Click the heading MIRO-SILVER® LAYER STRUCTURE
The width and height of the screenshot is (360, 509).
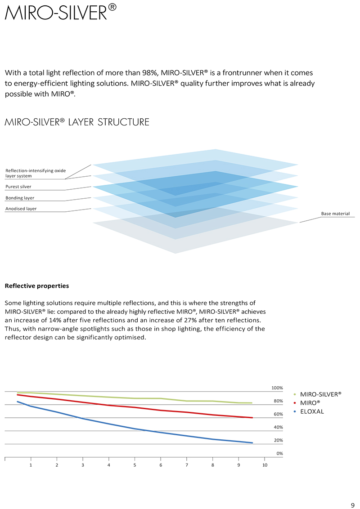point(76,122)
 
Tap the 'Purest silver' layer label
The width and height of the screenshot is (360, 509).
point(18,187)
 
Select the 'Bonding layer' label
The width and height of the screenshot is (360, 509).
point(20,198)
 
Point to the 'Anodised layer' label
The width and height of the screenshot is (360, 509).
point(21,209)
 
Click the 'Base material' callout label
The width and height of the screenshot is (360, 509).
point(335,214)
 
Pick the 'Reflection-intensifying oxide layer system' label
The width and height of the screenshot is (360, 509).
point(35,173)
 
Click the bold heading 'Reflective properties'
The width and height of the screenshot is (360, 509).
point(36,286)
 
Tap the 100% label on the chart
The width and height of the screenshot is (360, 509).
point(277,388)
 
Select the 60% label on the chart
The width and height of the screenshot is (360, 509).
point(278,414)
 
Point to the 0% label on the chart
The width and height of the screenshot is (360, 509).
point(279,453)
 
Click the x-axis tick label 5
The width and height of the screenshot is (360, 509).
point(135,465)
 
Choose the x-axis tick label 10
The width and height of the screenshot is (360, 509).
point(265,465)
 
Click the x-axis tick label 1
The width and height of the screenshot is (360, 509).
point(31,465)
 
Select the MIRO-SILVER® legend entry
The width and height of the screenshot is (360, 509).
point(320,394)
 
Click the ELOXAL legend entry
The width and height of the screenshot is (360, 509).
point(312,411)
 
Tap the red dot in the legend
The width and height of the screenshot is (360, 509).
point(294,403)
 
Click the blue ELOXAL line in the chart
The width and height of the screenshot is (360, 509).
point(135,429)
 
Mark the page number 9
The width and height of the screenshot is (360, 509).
point(352,504)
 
